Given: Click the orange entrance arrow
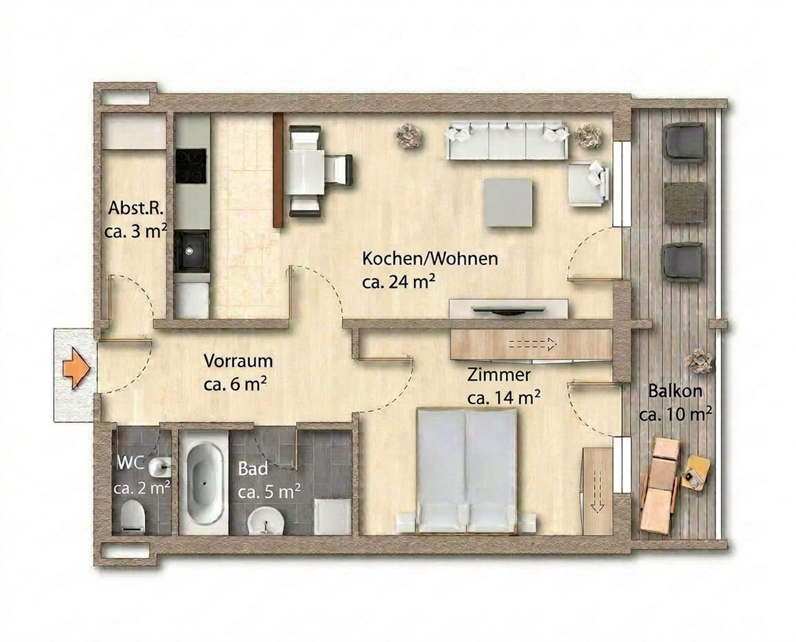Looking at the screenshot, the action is (77, 368).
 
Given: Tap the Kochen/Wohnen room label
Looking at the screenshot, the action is (430, 259).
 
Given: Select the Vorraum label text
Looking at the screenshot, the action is (238, 361).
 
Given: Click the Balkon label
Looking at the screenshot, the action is (676, 391).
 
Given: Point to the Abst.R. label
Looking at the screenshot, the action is (136, 209).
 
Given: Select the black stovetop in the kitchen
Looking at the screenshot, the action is (191, 167).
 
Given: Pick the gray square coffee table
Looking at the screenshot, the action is (509, 202).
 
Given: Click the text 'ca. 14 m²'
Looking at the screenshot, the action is (504, 398).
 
